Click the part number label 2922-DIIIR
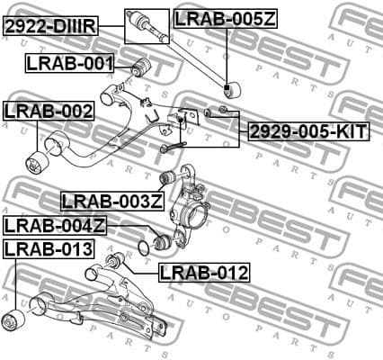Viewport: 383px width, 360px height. tap(49, 26)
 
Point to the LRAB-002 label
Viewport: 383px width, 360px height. tap(49, 111)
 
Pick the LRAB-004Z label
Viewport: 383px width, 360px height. tap(56, 225)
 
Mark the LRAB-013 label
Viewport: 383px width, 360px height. tap(49, 247)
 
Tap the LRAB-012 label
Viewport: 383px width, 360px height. tap(203, 271)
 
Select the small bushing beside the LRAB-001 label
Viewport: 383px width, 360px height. tap(139, 67)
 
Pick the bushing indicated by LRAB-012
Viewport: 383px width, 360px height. tap(113, 262)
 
